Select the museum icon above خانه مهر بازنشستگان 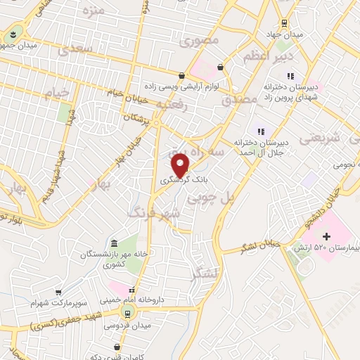115,241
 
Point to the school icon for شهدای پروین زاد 289,75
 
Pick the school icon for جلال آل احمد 261,131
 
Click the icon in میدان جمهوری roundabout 13,34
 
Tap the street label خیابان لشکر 263,244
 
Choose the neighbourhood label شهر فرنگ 154,212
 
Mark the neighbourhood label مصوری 200,40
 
